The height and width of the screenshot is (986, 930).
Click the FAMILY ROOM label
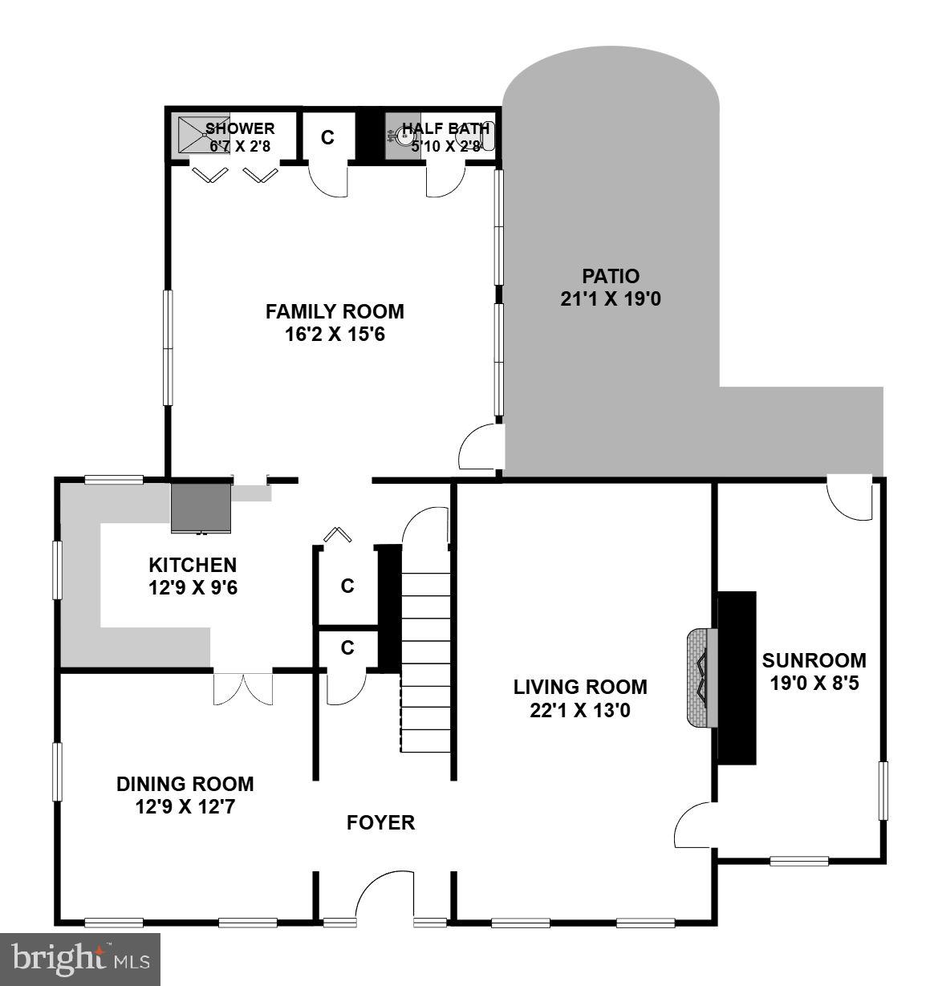[335, 322]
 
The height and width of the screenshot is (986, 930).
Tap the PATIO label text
[611, 287]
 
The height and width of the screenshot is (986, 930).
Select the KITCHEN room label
[193, 576]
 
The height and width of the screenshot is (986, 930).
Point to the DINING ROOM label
[185, 794]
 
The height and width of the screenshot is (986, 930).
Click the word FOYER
[380, 822]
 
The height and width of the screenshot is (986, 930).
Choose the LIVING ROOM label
[580, 698]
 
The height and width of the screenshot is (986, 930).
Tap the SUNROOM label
[814, 672]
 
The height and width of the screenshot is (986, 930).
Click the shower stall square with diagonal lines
[193, 134]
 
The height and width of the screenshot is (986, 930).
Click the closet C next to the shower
[327, 137]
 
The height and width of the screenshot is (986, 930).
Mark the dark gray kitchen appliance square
[201, 507]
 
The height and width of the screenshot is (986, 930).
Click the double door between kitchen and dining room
[243, 688]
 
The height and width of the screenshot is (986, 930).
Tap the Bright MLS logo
[80, 959]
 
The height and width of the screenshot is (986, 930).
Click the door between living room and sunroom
[695, 825]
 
